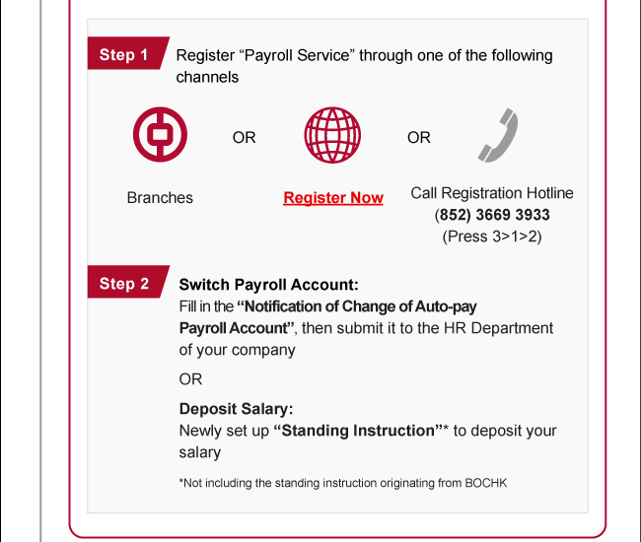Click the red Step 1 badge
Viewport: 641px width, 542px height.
(124, 55)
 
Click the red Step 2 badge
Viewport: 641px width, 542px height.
(124, 284)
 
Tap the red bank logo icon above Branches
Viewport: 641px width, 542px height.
(160, 136)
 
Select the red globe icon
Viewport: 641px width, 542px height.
(332, 136)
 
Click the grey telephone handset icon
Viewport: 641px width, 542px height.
(498, 136)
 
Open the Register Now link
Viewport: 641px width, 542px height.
(333, 198)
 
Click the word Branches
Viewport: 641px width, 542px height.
(160, 198)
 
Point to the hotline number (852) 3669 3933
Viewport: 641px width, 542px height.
(492, 215)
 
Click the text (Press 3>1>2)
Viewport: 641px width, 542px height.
(492, 237)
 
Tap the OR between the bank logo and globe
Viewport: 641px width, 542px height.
(244, 138)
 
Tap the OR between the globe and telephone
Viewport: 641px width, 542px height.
(419, 138)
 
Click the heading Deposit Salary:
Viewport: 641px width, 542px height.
(236, 409)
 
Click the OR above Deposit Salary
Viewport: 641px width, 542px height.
(190, 378)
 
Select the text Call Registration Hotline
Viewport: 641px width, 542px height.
(492, 193)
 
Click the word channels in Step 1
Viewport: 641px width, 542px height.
(207, 77)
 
